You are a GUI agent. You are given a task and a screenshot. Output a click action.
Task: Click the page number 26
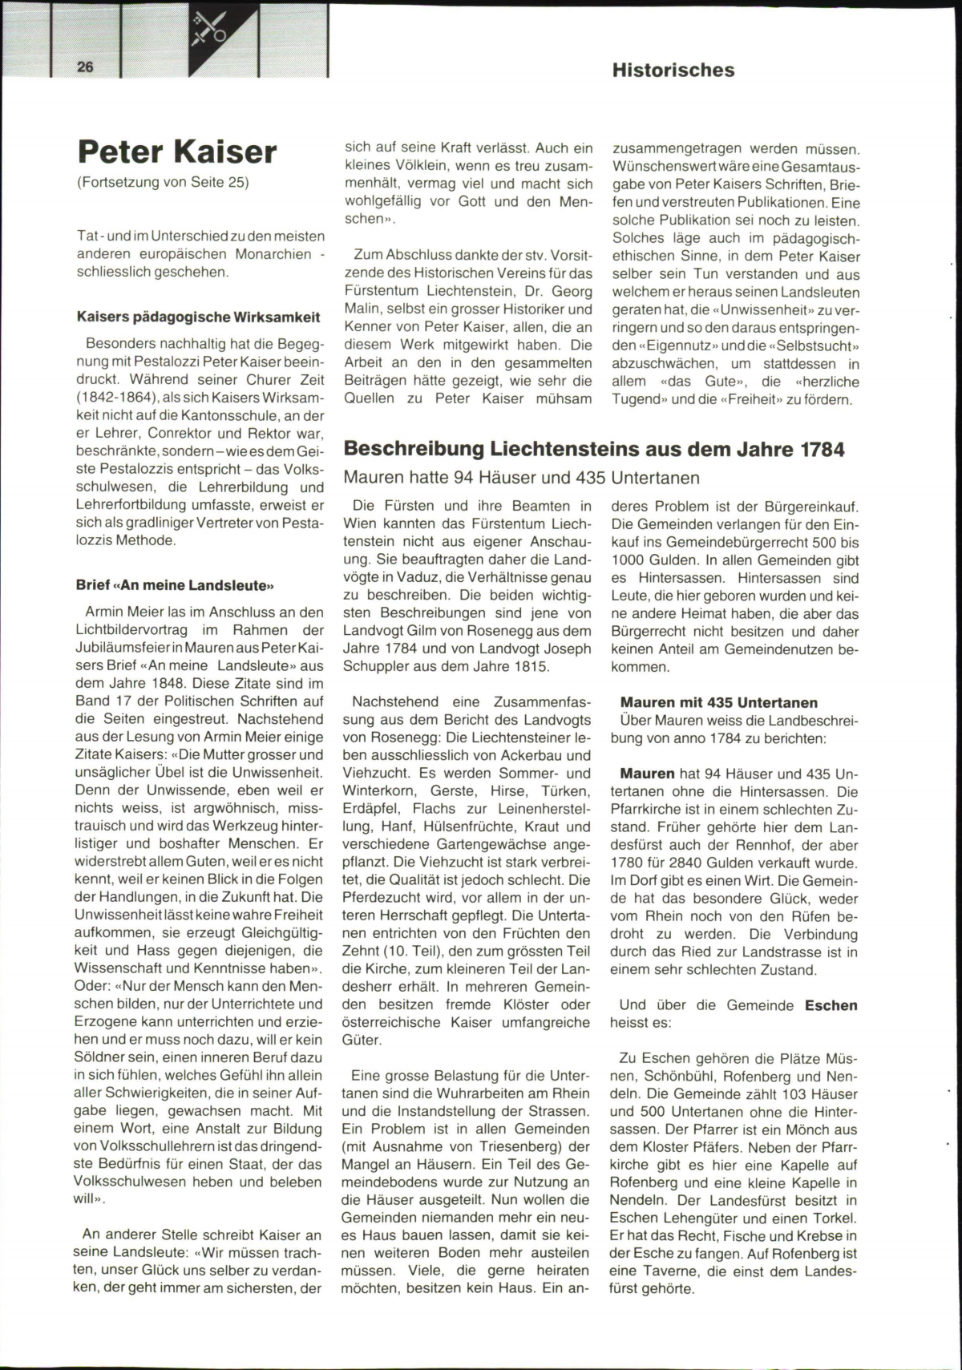pyautogui.click(x=85, y=67)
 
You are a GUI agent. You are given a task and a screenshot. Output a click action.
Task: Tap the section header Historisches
pyautogui.click(x=673, y=70)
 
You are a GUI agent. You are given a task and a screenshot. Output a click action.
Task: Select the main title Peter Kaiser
pyautogui.click(x=177, y=152)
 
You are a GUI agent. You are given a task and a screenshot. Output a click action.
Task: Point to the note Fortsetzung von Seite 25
pyautogui.click(x=163, y=182)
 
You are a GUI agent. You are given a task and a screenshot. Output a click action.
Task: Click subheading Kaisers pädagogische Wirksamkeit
pyautogui.click(x=198, y=317)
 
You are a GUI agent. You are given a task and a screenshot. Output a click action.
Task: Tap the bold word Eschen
pyautogui.click(x=831, y=1005)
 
